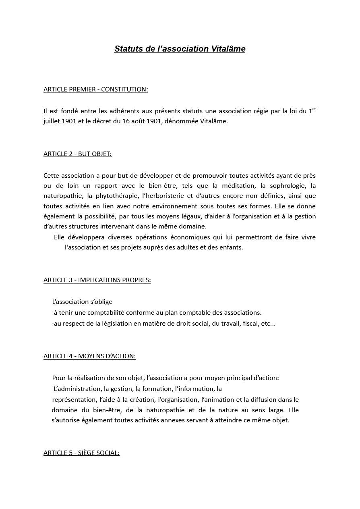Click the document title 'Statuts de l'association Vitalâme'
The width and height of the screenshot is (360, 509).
(x=180, y=49)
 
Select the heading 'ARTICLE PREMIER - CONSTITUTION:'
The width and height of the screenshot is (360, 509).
(x=95, y=89)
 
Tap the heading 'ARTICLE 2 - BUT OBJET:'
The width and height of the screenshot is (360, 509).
(x=77, y=154)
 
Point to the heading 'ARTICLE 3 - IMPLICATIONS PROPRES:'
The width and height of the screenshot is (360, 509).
(x=97, y=280)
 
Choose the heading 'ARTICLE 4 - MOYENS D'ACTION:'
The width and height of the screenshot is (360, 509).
(x=89, y=356)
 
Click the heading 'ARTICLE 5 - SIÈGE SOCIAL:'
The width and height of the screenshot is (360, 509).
(x=81, y=453)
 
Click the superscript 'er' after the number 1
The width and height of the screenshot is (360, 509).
(x=314, y=109)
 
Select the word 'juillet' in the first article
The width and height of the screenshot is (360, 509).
(x=52, y=121)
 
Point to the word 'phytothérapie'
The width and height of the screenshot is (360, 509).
(x=114, y=196)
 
